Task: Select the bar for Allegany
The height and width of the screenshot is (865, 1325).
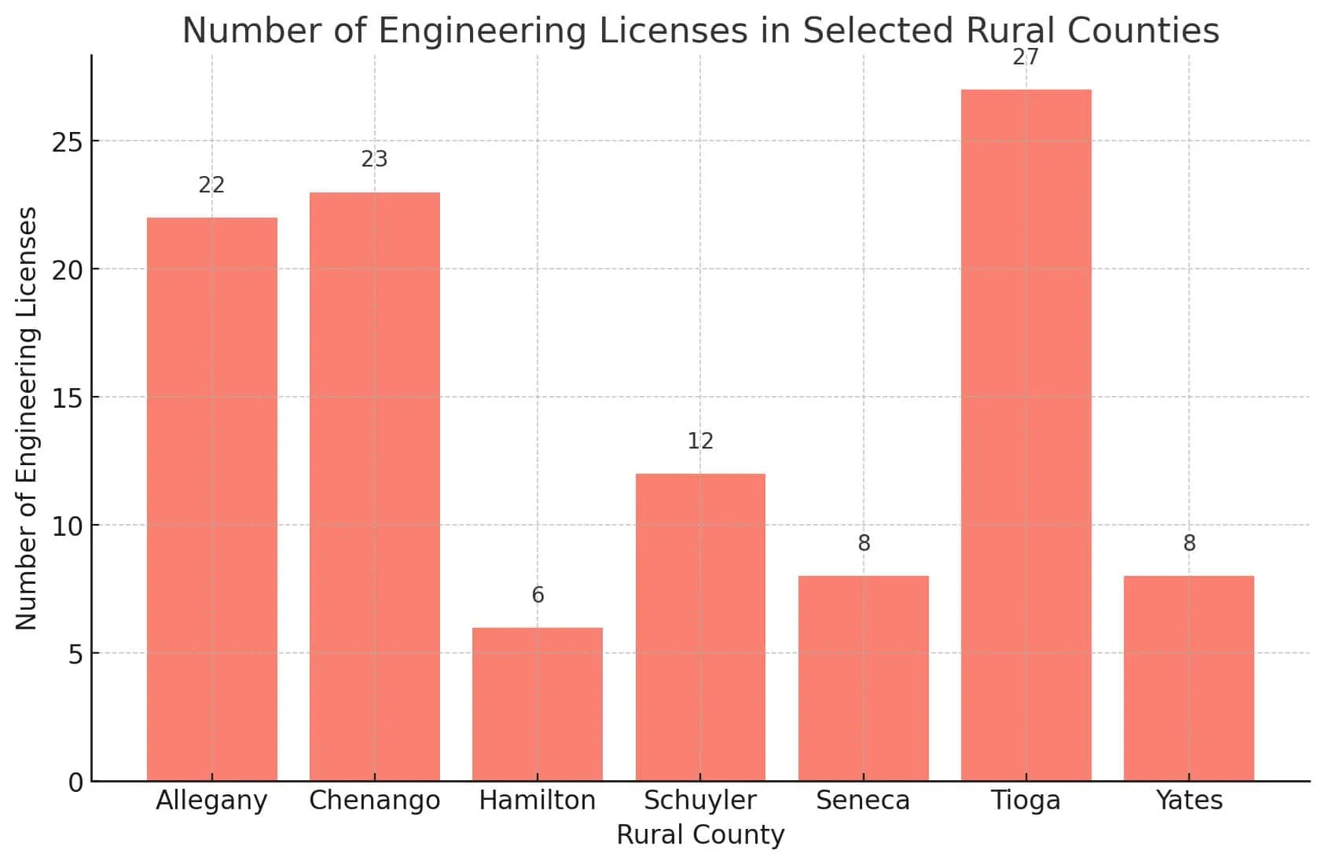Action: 211,499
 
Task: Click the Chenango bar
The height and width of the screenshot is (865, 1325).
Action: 374,486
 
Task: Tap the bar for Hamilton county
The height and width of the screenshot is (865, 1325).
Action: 538,704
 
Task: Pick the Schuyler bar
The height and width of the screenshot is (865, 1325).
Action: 700,627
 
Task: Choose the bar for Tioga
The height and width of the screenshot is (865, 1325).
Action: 1026,435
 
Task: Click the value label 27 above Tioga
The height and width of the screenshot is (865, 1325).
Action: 1026,57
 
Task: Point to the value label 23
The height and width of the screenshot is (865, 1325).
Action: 374,159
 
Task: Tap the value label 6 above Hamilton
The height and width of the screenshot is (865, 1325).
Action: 538,596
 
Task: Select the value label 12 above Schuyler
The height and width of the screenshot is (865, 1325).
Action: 700,442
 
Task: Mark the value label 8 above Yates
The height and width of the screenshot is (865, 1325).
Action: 1189,544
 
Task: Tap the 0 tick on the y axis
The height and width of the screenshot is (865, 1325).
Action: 75,783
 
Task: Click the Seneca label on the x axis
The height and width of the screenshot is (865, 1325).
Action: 863,801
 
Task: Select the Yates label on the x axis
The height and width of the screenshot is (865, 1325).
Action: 1189,801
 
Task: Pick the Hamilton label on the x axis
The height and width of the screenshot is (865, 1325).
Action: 538,801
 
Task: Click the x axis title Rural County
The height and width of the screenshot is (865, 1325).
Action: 700,834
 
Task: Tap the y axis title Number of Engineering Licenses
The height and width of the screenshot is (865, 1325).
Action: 27,418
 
